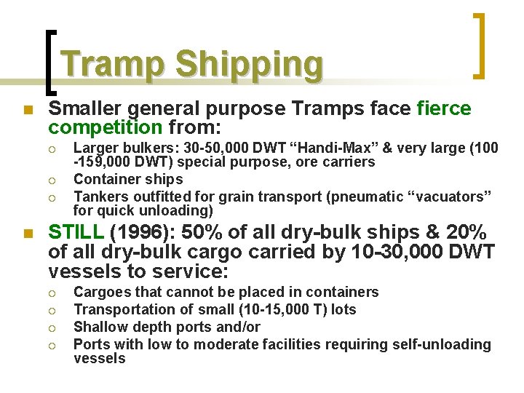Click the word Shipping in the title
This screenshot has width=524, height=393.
click(x=249, y=64)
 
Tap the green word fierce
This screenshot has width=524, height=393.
click(x=444, y=109)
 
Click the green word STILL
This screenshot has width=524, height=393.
click(x=75, y=232)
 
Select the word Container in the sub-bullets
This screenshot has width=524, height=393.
click(x=106, y=179)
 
